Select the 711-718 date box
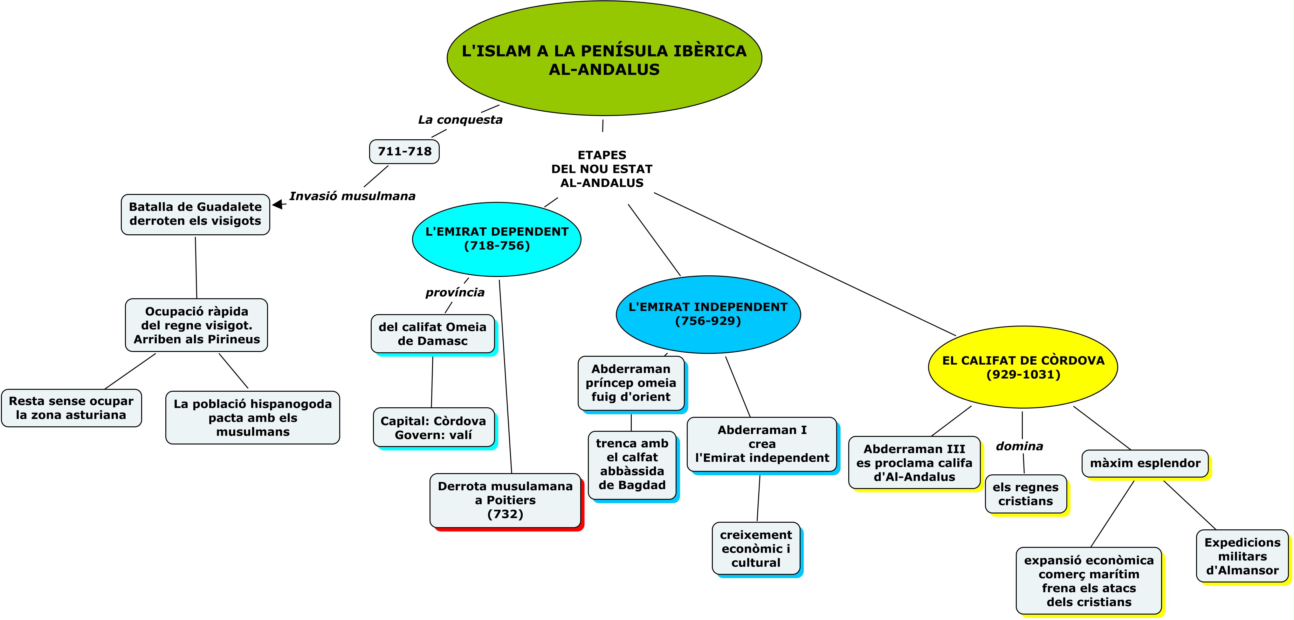[x=404, y=151]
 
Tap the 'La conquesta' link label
[x=460, y=120]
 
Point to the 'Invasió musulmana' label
[x=352, y=196]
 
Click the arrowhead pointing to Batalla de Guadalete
[x=277, y=204]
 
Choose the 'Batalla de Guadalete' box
[x=196, y=214]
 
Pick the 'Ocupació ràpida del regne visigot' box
[x=196, y=325]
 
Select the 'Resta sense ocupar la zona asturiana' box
[x=71, y=408]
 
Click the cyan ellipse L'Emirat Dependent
[x=496, y=239]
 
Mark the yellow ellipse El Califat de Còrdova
[x=1023, y=367]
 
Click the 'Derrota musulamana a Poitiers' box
[x=505, y=500]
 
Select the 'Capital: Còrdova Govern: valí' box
[x=434, y=428]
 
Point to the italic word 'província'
[x=455, y=293]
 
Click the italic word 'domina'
[x=1019, y=446]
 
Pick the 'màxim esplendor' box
[x=1145, y=463]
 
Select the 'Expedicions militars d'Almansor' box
[x=1242, y=556]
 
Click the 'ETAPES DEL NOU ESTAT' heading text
[x=602, y=169]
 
